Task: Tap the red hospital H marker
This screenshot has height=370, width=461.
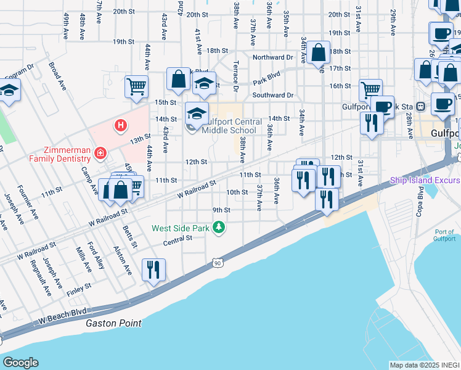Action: [x=121, y=126]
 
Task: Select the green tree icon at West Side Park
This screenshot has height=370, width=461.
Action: [x=218, y=228]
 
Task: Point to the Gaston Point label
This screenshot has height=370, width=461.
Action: [x=113, y=323]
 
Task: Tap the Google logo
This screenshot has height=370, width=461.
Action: [x=20, y=363]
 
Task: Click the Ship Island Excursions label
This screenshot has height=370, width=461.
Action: [x=425, y=181]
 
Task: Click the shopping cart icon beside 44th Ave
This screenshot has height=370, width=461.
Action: [x=136, y=86]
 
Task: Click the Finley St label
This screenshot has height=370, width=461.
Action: [x=79, y=286]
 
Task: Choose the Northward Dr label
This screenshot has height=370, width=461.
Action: [x=272, y=57]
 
